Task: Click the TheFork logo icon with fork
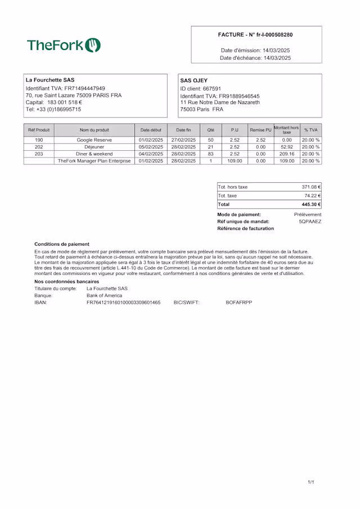pyautogui.click(x=93, y=45)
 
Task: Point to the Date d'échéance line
pyautogui.click(x=255, y=58)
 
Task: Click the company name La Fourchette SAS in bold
pyautogui.click(x=50, y=80)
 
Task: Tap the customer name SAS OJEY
pyautogui.click(x=194, y=80)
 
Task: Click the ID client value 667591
pyautogui.click(x=211, y=89)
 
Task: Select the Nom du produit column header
pyautogui.click(x=94, y=130)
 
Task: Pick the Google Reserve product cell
pyautogui.click(x=94, y=140)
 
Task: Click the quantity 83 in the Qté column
pyautogui.click(x=210, y=154)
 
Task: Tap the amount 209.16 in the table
pyautogui.click(x=287, y=154)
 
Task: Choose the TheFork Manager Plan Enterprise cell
pyautogui.click(x=94, y=161)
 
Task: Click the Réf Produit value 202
pyautogui.click(x=39, y=147)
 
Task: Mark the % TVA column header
pyautogui.click(x=310, y=130)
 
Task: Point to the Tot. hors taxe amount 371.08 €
pyautogui.click(x=311, y=187)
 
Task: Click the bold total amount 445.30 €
pyautogui.click(x=311, y=205)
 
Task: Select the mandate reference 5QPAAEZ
pyautogui.click(x=310, y=222)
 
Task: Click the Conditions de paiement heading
pyautogui.click(x=61, y=244)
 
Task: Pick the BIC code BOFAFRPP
pyautogui.click(x=239, y=303)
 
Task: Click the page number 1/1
pyautogui.click(x=311, y=483)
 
